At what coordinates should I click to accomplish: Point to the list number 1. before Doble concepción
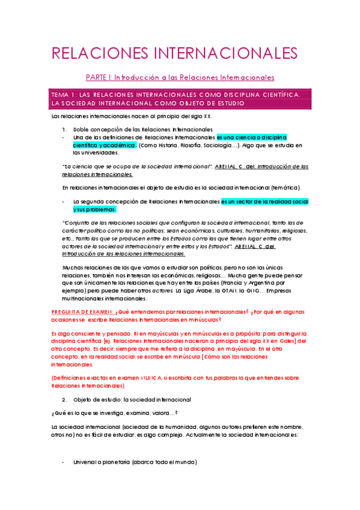65,129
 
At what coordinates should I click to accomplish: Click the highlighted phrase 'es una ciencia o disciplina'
251,137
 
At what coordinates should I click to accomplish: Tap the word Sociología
238,145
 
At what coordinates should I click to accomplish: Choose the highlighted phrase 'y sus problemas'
95,209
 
